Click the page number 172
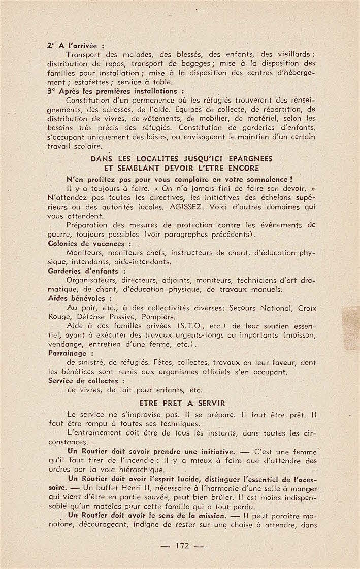182,546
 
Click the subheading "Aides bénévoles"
79,298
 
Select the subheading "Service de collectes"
86,380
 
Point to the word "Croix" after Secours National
307,308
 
